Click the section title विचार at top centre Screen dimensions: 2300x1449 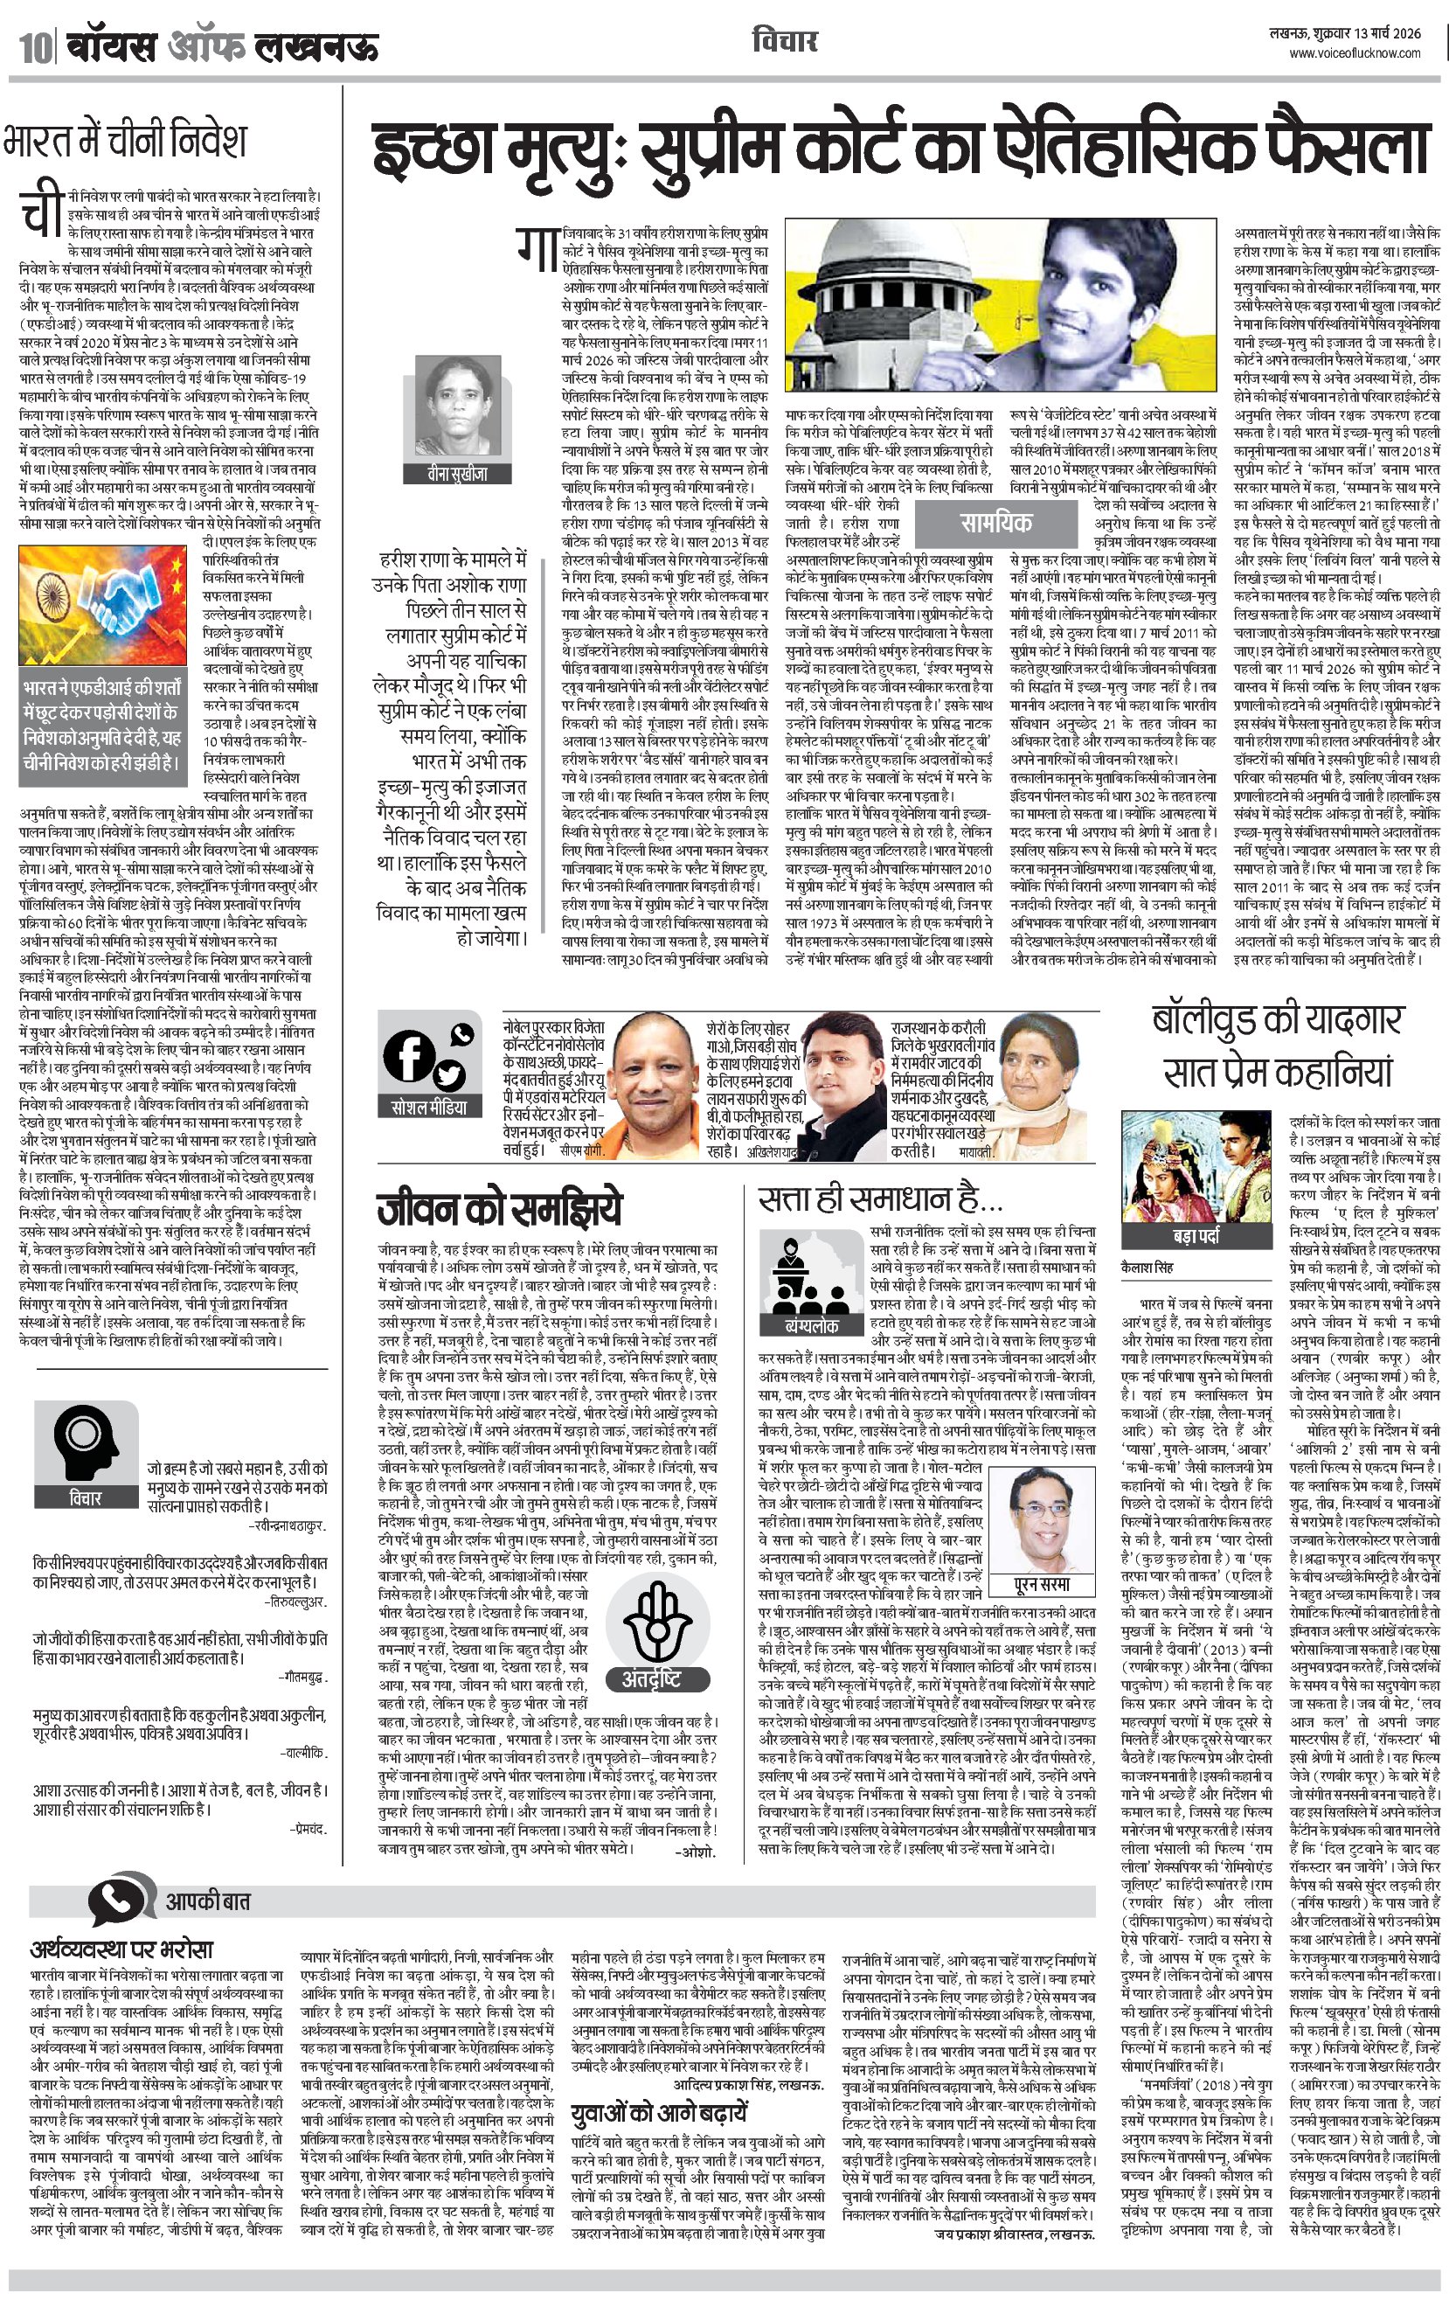point(784,41)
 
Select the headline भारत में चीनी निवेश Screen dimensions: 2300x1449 point(124,141)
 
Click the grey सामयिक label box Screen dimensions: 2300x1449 point(995,523)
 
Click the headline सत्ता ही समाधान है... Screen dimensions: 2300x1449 point(879,1199)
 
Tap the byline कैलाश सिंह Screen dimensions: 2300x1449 point(1147,1267)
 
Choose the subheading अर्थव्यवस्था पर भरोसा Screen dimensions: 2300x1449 point(121,1949)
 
